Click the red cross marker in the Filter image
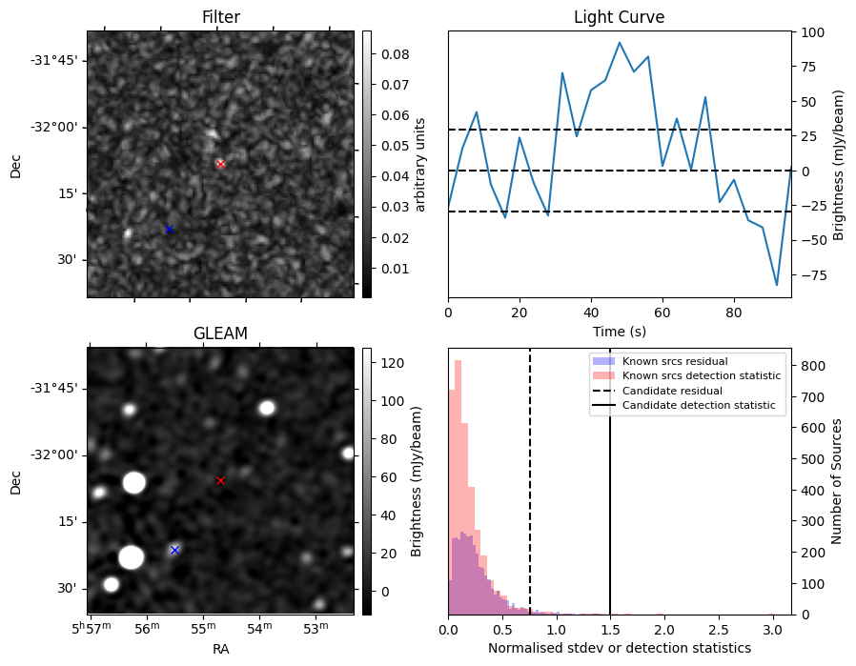(x=220, y=164)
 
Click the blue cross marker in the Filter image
(x=169, y=229)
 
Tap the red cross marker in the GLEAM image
(x=220, y=480)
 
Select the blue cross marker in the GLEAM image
(x=174, y=550)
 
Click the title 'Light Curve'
(x=619, y=17)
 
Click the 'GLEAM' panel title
(x=220, y=333)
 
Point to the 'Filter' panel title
(x=220, y=17)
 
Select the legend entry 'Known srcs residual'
(x=674, y=361)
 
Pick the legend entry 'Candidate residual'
(x=672, y=391)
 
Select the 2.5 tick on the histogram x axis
(x=719, y=630)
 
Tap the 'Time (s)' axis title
(x=619, y=330)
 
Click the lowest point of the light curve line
(x=777, y=285)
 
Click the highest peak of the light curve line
(x=620, y=43)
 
